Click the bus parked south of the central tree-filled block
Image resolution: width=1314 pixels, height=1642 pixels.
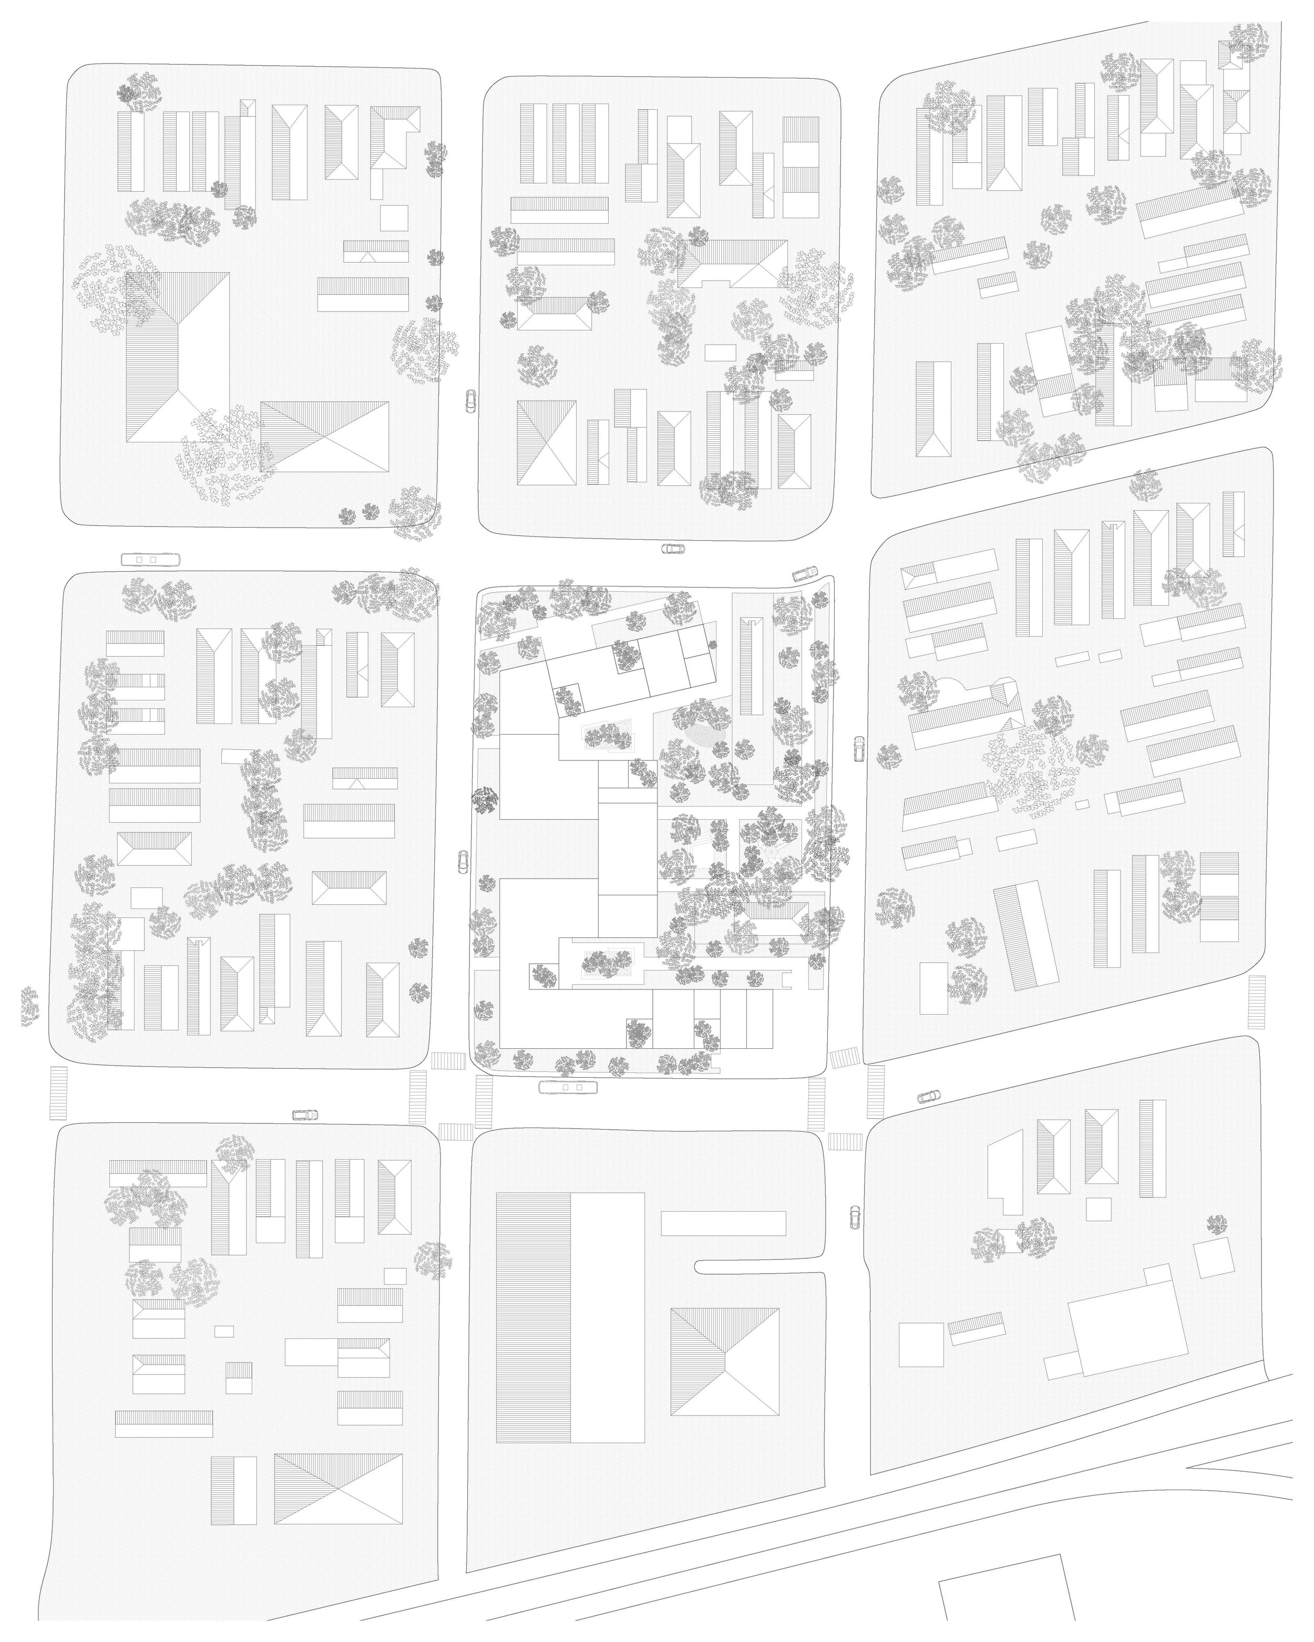pos(568,1087)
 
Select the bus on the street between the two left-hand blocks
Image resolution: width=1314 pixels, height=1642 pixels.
pos(150,560)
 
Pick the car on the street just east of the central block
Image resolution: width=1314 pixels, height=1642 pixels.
pos(858,749)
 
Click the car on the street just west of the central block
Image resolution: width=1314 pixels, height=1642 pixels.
pos(463,862)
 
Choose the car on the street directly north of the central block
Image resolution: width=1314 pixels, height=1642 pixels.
pos(673,549)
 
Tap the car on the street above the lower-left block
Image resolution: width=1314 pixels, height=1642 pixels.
pos(305,1115)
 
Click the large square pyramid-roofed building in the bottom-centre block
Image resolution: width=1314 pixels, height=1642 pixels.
pos(724,1362)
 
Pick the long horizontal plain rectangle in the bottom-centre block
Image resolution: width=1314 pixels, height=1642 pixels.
pos(722,1223)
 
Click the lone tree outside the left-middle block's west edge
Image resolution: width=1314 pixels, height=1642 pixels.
pos(29,1005)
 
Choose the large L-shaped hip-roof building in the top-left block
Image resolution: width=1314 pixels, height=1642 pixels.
pos(178,358)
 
